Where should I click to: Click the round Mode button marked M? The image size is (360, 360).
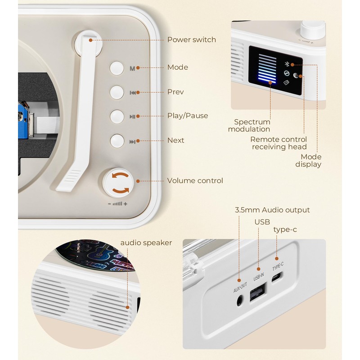[117, 67]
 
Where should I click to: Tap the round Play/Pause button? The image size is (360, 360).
[117, 117]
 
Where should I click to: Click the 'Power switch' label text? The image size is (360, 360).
[191, 40]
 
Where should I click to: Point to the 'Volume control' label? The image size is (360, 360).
[195, 180]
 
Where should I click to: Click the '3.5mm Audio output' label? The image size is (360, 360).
[272, 210]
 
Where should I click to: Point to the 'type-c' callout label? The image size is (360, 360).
[285, 229]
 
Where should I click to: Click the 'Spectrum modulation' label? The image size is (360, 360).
[252, 126]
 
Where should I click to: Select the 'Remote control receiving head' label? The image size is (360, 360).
[279, 143]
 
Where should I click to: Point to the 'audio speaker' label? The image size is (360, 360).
[146, 243]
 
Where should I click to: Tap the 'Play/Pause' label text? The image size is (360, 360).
[188, 116]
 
